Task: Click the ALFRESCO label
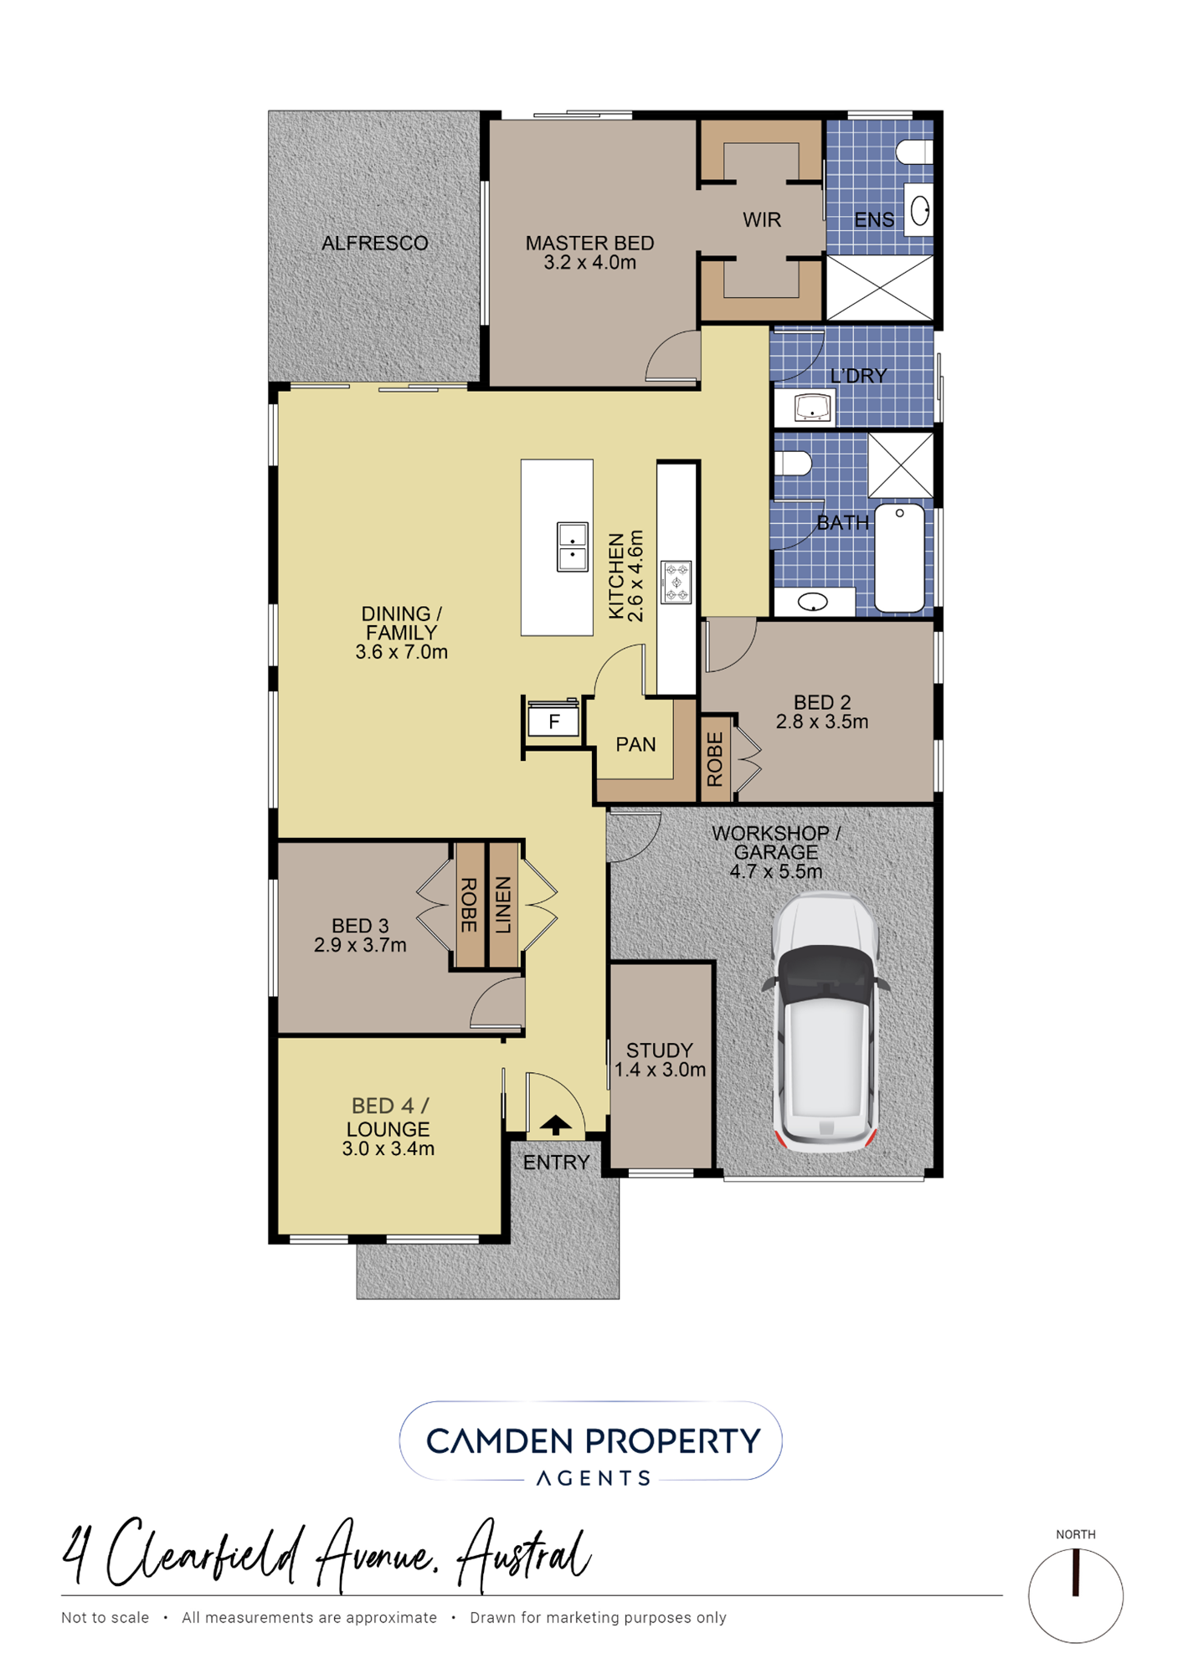[x=374, y=243]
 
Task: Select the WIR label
[x=761, y=219]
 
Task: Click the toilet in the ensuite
[x=914, y=151]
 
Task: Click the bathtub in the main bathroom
[x=899, y=557]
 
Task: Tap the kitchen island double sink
[x=573, y=547]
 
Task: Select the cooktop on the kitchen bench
[x=676, y=582]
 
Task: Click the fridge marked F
[x=553, y=721]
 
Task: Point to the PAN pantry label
[x=635, y=744]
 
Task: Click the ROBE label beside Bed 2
[x=715, y=759]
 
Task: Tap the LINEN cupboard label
[x=502, y=905]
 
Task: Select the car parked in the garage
[x=826, y=1021]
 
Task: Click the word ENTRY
[x=556, y=1162]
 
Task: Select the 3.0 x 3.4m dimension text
[x=388, y=1148]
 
